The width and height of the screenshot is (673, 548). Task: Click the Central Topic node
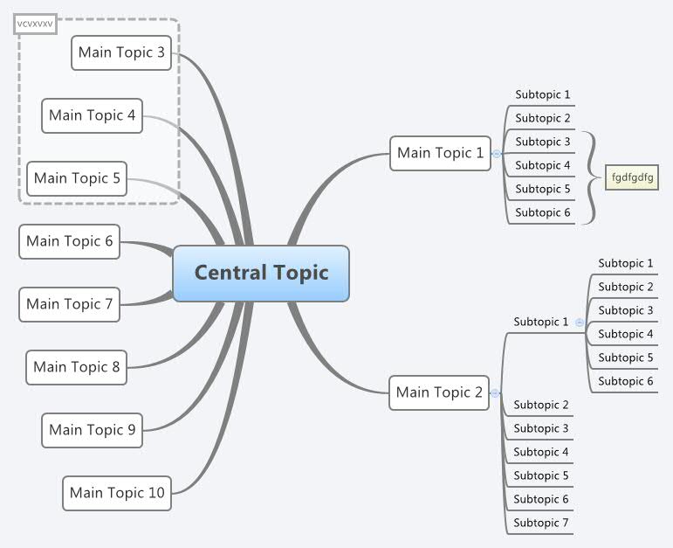coord(261,273)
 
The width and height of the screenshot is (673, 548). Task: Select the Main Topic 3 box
coord(121,52)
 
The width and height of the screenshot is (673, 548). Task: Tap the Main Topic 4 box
coord(92,115)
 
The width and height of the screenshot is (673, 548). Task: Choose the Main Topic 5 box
coord(77,178)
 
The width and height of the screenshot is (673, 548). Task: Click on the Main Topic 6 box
coord(70,241)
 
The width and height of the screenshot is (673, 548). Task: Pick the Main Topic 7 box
coord(70,304)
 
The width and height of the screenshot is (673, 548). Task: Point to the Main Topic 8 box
coord(77,367)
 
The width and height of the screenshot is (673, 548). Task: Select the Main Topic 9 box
coord(92,430)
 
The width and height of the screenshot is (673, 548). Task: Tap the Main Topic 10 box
coord(117,493)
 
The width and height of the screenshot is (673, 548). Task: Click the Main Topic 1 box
coord(440,153)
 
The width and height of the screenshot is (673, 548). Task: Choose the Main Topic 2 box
coord(439,392)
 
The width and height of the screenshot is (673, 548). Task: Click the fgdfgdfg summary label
coord(632,177)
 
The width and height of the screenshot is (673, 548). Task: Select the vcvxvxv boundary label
coord(35,24)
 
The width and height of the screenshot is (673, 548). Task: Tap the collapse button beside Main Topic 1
coord(497,154)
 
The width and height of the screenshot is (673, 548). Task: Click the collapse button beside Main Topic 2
coord(495,393)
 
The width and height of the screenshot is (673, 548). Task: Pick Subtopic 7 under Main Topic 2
coord(540,523)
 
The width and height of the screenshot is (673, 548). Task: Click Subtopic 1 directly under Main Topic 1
coord(542,94)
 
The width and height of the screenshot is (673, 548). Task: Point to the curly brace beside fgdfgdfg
coord(592,177)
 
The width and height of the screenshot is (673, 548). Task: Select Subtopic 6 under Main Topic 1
coord(542,212)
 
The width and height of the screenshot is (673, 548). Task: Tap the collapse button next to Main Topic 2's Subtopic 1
coord(580,323)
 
